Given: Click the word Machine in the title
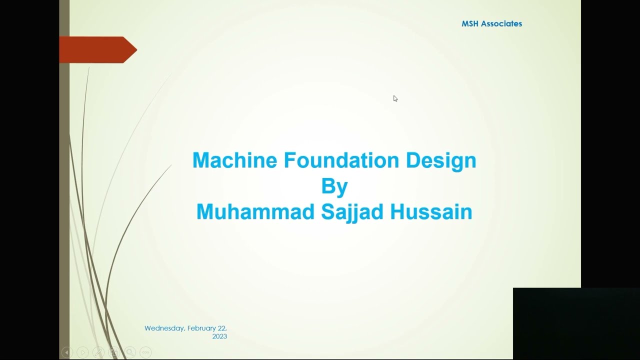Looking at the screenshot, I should [x=235, y=160].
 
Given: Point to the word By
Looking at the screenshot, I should [x=334, y=186].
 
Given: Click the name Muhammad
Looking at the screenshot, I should [x=255, y=211].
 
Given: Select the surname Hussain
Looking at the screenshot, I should [x=431, y=211].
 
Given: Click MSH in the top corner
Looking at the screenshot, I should [x=470, y=23].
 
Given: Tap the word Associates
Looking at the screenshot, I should [x=501, y=23].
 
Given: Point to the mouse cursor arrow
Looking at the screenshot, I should [x=395, y=98].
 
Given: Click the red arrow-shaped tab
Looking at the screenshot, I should [x=97, y=50].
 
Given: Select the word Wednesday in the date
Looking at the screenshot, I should [x=164, y=328].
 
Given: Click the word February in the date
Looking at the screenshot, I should [x=202, y=328].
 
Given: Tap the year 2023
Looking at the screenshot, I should [x=219, y=336].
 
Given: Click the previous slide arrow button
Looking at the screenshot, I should [x=66, y=352].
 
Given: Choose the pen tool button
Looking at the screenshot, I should [x=98, y=352].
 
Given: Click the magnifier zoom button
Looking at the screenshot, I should [x=129, y=352].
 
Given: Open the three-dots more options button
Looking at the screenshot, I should [x=145, y=352].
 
